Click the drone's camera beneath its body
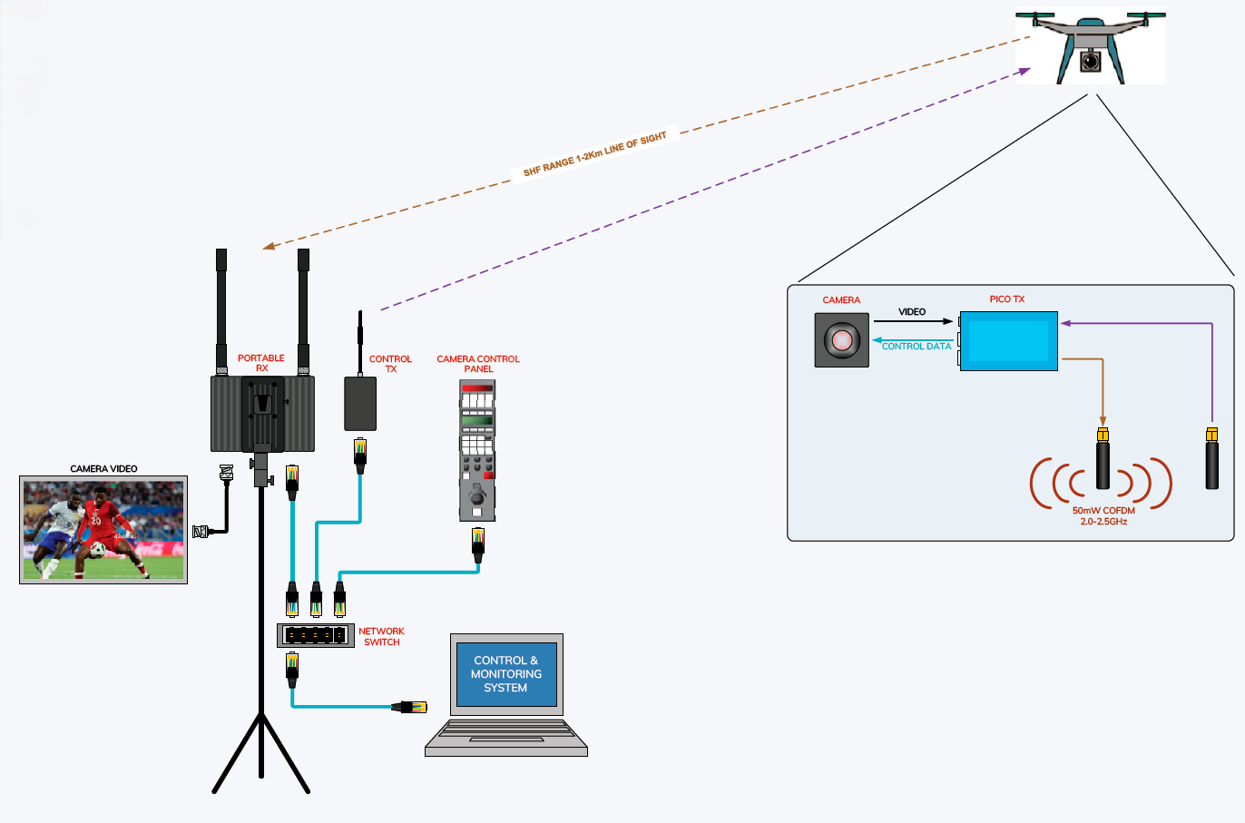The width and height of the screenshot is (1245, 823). tap(1090, 62)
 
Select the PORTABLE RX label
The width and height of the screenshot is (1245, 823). tap(261, 363)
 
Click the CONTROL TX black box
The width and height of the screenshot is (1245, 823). tap(360, 403)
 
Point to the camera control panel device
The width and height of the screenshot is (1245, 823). tap(477, 449)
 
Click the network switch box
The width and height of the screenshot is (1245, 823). tap(316, 635)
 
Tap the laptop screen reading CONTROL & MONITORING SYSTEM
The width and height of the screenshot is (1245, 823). tap(506, 674)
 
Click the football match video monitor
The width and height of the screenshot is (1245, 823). tap(103, 530)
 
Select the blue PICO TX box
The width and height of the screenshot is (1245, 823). tap(1009, 340)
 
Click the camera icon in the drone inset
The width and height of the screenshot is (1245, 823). tap(842, 340)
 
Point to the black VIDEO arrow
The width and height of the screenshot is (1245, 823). tap(912, 321)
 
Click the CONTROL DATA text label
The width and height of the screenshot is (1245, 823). tap(917, 347)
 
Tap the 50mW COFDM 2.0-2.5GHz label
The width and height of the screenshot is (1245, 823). tap(1103, 516)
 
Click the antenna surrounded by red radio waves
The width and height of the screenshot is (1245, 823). tap(1103, 463)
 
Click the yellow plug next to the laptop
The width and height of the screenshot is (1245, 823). tap(409, 707)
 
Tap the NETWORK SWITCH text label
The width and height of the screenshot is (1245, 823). tap(381, 636)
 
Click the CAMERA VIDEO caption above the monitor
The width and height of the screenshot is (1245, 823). tap(103, 469)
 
